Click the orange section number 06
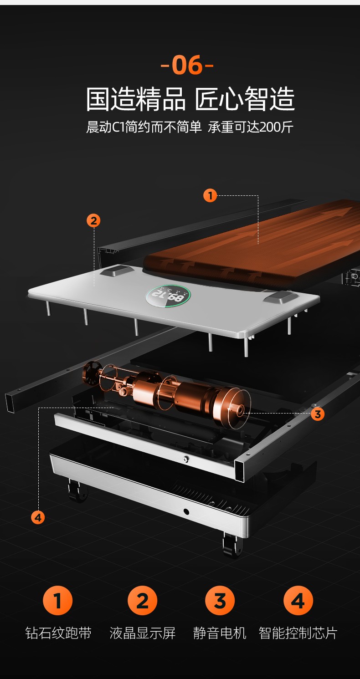(x=187, y=65)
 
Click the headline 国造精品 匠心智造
(x=190, y=99)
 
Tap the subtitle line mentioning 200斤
(x=190, y=127)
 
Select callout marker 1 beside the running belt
(x=210, y=195)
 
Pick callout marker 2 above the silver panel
(x=93, y=220)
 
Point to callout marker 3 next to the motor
(x=318, y=414)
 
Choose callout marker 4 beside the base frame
(x=38, y=517)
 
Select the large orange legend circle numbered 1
(x=57, y=601)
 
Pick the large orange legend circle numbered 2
(x=143, y=601)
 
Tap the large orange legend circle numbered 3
(x=220, y=601)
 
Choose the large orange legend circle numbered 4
(x=298, y=601)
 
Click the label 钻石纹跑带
(x=58, y=633)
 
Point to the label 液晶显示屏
(x=143, y=633)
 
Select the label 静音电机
(x=220, y=633)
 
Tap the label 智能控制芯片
(x=298, y=633)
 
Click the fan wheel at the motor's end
(x=91, y=374)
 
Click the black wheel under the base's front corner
(x=232, y=545)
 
